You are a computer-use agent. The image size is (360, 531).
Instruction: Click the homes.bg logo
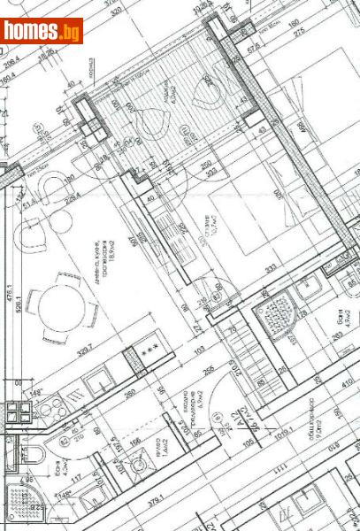42,31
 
